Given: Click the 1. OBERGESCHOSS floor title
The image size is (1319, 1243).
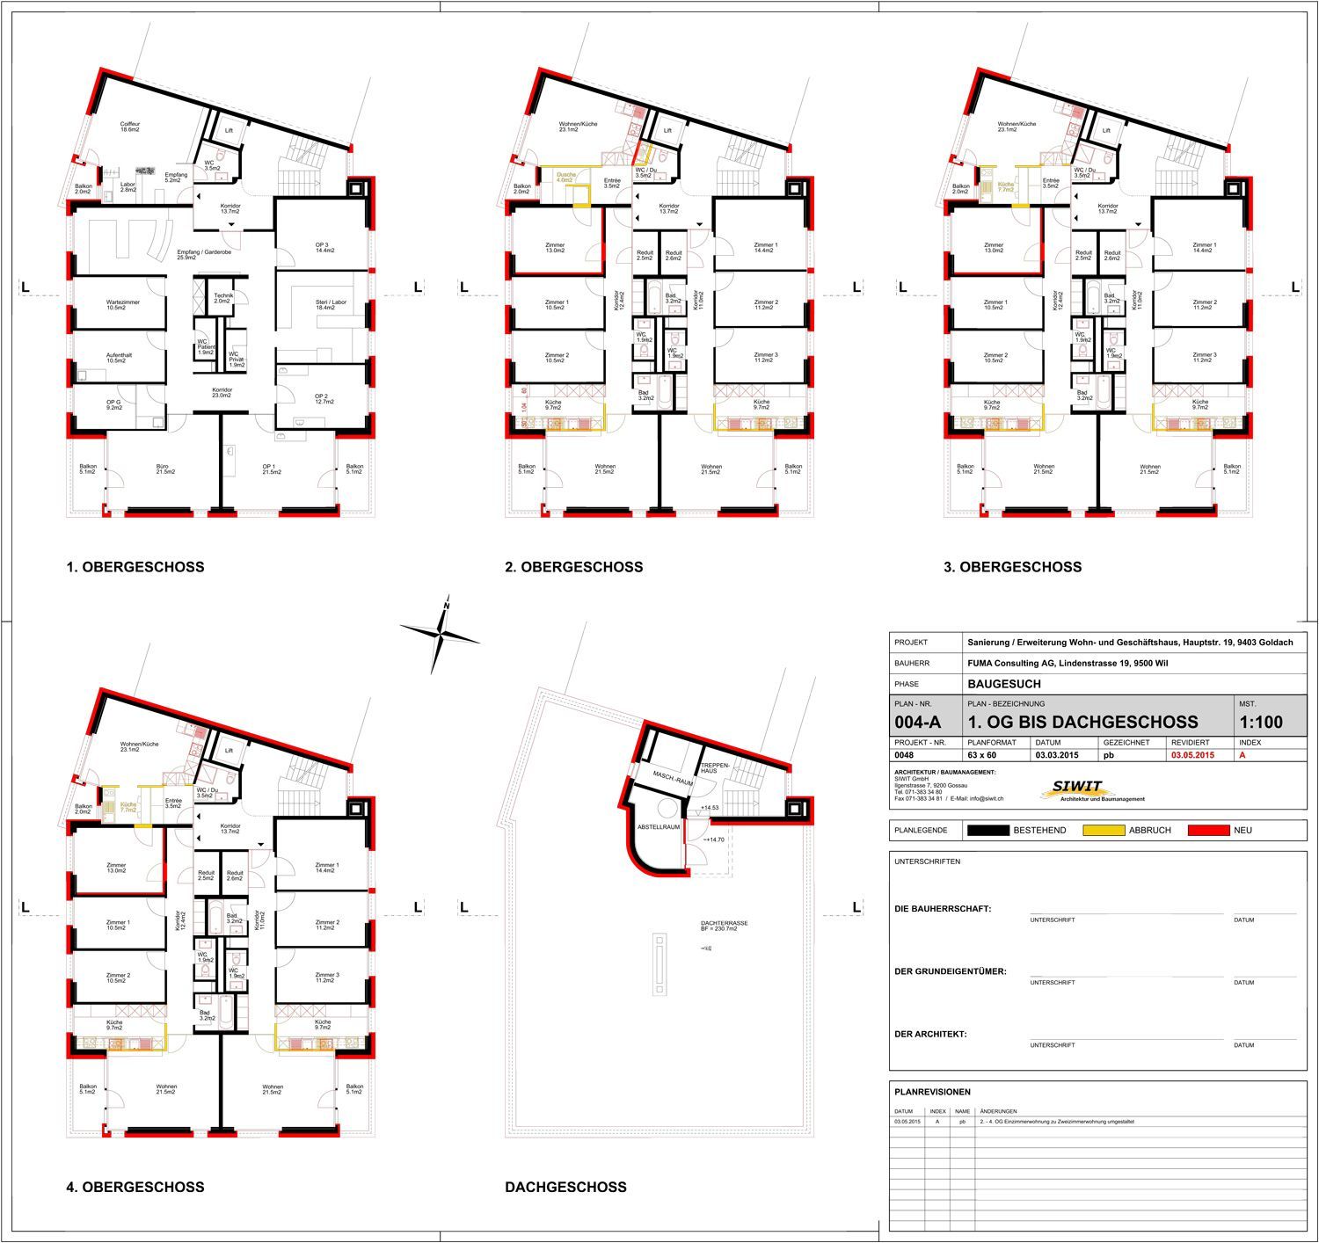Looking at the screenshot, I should pos(135,567).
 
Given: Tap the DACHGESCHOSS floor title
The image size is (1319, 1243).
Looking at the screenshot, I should pos(565,1187).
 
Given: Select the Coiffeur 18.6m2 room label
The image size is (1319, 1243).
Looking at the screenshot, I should pos(130,127).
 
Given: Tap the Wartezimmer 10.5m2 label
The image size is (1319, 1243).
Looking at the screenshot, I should pos(123,304).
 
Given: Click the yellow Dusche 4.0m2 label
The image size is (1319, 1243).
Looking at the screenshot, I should pos(566,178).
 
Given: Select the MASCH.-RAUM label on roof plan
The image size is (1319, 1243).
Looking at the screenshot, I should pos(674,776).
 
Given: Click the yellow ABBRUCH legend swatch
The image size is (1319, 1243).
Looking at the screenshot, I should pos(1104,830).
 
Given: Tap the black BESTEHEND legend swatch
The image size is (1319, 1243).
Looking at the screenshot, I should pos(987,830).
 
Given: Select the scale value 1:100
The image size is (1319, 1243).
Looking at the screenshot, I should pos(1260,723).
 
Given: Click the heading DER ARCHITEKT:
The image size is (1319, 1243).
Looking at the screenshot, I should pos(930,1034).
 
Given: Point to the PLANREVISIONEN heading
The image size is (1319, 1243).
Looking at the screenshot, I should pos(932,1092).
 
